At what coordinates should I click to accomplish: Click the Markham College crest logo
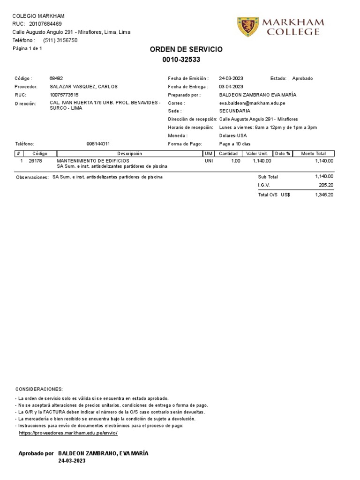click(x=248, y=27)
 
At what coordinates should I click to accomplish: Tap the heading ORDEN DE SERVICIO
click(x=186, y=49)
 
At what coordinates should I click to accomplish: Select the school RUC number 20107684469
click(x=45, y=24)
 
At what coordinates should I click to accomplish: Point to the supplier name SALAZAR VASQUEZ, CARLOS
click(x=83, y=87)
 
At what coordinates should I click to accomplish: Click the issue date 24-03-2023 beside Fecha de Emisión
click(x=231, y=79)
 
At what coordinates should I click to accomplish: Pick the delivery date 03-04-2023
click(x=231, y=87)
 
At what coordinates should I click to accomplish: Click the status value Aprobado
click(x=302, y=79)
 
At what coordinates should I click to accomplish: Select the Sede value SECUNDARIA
click(x=234, y=111)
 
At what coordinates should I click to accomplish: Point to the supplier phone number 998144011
click(x=98, y=144)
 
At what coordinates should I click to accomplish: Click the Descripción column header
click(x=129, y=154)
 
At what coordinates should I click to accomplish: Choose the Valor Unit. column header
click(x=257, y=154)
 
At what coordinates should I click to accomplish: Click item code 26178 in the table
click(x=35, y=161)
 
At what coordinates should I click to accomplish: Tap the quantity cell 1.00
click(x=235, y=161)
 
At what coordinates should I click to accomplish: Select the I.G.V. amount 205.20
click(x=326, y=185)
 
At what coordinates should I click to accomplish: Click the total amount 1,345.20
click(x=324, y=195)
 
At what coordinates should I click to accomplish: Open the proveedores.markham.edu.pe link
click(x=68, y=433)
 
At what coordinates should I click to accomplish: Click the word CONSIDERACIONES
click(x=39, y=390)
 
